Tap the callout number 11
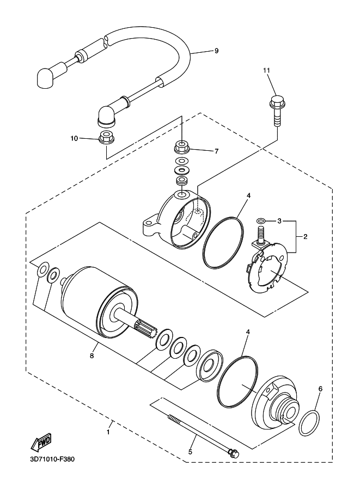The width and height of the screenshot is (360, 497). [x=266, y=70]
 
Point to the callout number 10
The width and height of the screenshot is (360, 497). [x=74, y=138]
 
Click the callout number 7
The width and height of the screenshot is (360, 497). [x=217, y=151]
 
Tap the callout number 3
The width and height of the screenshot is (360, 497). [x=279, y=220]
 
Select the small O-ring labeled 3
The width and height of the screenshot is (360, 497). [x=261, y=220]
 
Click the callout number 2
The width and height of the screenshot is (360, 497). [x=306, y=236]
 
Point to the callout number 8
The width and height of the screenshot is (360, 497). [x=92, y=355]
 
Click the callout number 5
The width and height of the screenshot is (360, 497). [x=190, y=452]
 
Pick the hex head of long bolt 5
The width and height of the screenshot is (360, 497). [x=234, y=453]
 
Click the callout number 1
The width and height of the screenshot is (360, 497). [x=108, y=432]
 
